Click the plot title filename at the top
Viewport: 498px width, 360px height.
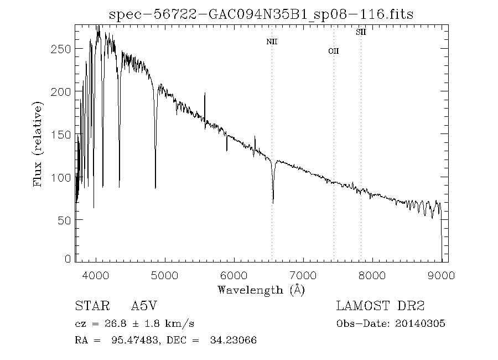(x=261, y=14)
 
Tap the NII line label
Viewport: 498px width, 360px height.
(x=271, y=42)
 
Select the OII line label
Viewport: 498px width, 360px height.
(x=333, y=52)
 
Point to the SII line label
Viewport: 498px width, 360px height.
(x=360, y=33)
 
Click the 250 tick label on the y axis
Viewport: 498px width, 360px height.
(x=61, y=49)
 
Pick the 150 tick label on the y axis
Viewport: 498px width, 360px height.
(x=61, y=135)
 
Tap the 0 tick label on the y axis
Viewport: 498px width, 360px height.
(x=68, y=259)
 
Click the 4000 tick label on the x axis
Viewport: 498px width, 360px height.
(x=96, y=275)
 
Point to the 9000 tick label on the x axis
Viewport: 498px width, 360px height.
(x=441, y=275)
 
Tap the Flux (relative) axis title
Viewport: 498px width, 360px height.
(x=38, y=144)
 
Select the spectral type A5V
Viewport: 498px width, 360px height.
(x=148, y=306)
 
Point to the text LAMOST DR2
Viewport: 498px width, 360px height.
(x=380, y=306)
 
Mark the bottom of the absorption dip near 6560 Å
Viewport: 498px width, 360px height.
(x=273, y=203)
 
